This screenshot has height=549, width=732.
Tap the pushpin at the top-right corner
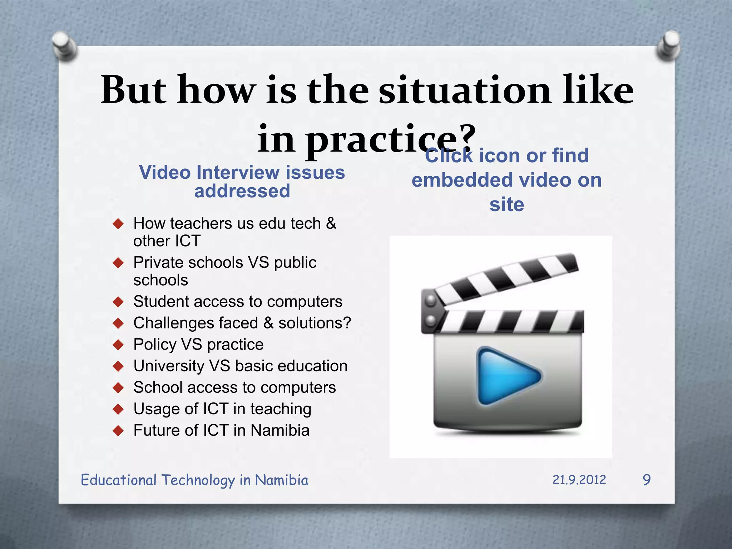point(668,45)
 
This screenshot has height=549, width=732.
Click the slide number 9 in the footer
point(647,480)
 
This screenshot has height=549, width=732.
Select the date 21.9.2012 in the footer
point(579,480)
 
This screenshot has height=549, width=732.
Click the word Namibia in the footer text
point(281,480)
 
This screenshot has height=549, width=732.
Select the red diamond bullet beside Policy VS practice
point(118,345)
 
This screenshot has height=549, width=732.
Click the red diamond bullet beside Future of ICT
point(118,431)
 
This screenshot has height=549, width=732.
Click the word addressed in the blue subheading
point(242,191)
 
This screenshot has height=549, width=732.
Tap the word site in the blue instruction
point(506,204)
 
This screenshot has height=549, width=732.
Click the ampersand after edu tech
point(331,223)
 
